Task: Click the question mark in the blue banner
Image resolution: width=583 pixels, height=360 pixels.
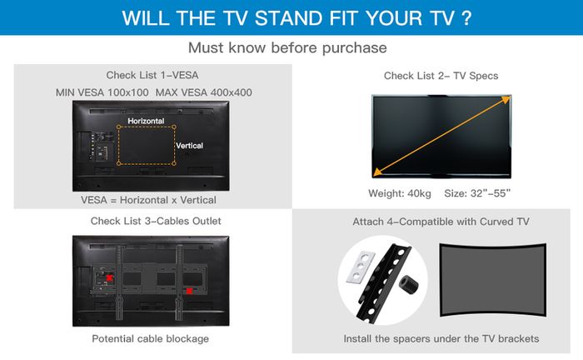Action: (467, 17)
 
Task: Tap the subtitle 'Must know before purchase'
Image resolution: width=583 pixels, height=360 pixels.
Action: (287, 47)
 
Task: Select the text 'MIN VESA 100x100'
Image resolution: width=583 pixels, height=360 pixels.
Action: (102, 92)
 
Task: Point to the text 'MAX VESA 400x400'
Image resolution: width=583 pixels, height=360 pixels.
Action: (204, 92)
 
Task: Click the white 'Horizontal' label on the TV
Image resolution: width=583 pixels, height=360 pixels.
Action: (146, 121)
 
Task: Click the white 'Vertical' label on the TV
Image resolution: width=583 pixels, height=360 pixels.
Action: (190, 145)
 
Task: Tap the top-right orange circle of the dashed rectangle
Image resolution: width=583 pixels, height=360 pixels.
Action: (173, 127)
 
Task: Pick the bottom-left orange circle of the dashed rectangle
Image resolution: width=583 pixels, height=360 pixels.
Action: (119, 162)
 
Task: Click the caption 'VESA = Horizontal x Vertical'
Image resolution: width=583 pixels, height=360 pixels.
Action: (148, 200)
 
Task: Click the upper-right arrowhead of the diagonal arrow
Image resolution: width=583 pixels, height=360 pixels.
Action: (506, 100)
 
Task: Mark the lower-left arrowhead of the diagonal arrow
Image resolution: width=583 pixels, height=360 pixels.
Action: (377, 172)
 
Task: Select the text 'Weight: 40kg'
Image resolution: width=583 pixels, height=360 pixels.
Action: (400, 193)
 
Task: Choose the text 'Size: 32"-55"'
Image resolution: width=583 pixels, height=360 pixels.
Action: (477, 193)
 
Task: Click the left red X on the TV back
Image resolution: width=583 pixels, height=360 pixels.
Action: (109, 277)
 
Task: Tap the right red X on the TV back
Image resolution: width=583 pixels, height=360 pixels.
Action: (189, 291)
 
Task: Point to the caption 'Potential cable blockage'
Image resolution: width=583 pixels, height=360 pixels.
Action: (150, 338)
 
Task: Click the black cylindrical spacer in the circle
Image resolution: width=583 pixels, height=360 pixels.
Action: (408, 284)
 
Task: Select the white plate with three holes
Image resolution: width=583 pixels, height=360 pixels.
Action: (361, 267)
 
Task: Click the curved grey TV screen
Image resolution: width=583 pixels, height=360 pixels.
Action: (493, 280)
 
